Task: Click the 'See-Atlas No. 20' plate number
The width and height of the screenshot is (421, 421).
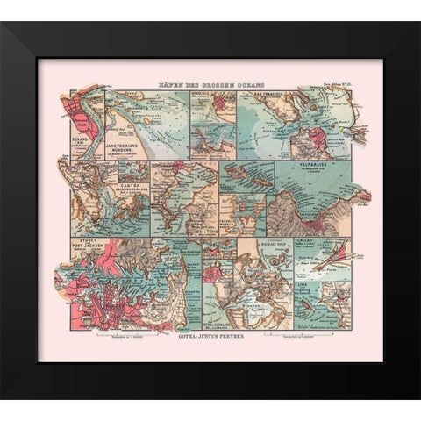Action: (335, 83)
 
